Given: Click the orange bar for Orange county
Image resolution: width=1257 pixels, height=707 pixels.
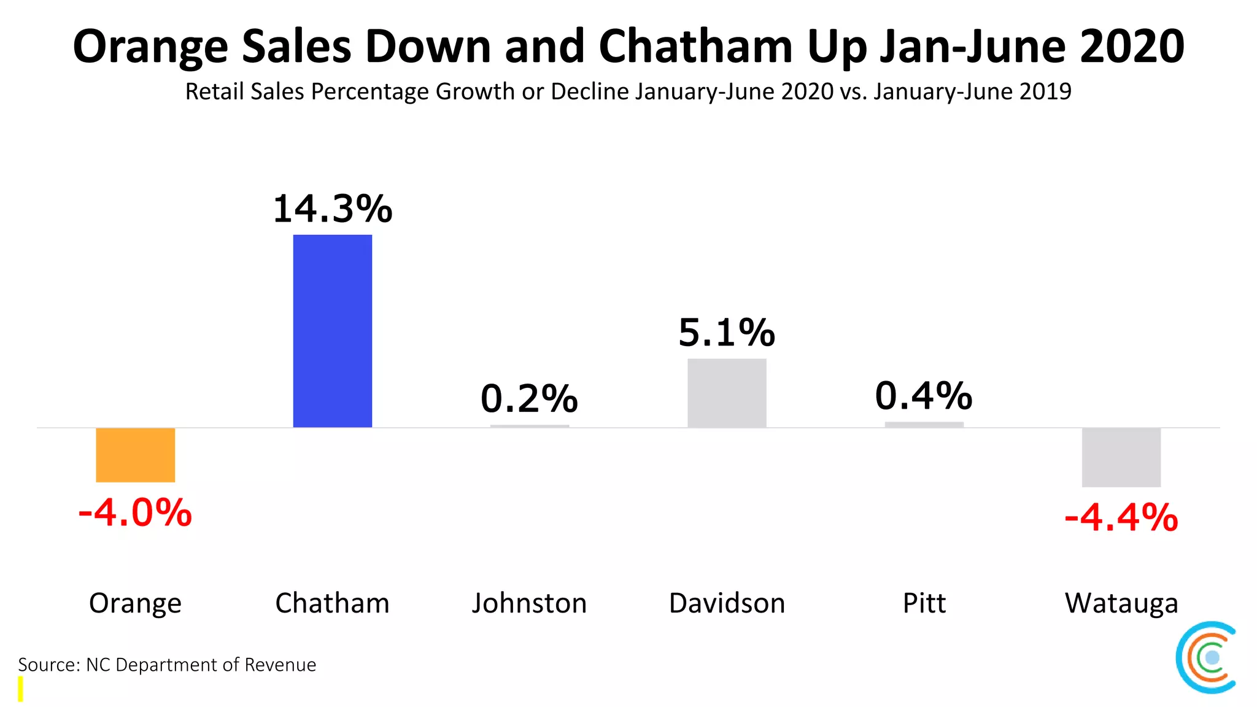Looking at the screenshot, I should click(135, 455).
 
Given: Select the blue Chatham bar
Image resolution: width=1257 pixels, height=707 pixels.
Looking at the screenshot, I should click(332, 331).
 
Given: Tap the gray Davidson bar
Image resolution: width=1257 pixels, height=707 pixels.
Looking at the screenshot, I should click(727, 393).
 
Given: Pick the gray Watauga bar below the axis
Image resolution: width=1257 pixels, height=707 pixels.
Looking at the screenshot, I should click(1121, 457).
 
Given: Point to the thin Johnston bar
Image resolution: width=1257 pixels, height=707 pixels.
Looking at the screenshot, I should click(529, 425).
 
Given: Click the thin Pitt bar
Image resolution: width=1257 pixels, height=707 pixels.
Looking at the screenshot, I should click(924, 424).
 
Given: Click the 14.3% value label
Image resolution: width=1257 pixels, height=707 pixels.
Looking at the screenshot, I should click(332, 209).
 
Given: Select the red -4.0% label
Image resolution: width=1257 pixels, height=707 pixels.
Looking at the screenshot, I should click(135, 512).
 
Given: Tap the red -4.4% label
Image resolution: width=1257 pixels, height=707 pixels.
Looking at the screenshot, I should click(1121, 517).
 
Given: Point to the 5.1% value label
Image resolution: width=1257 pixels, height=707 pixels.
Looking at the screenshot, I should click(727, 333).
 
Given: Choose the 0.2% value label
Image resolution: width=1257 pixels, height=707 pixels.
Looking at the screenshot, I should click(529, 398).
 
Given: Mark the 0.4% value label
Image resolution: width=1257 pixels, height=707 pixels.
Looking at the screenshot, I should click(924, 396).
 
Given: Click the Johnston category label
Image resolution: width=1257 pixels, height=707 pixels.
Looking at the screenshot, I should click(529, 603).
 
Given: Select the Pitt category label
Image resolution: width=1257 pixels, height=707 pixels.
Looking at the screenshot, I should click(924, 603).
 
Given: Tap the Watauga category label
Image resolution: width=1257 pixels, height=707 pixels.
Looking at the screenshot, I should click(1121, 603).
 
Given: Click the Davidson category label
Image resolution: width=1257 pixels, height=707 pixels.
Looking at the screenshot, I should click(727, 603).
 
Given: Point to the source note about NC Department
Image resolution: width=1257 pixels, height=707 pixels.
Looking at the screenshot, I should click(167, 665).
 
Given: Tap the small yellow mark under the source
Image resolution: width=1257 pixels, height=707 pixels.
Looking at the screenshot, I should click(20, 689).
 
